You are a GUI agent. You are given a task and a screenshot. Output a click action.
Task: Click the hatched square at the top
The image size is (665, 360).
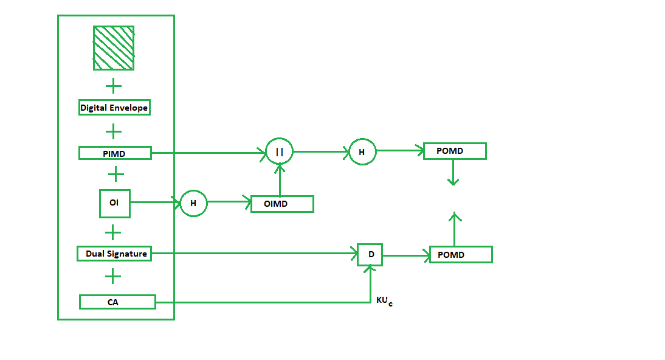(x=114, y=48)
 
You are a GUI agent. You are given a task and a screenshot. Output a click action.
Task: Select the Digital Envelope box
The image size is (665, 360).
(x=114, y=108)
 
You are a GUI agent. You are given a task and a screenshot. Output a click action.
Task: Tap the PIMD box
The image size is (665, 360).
(x=115, y=153)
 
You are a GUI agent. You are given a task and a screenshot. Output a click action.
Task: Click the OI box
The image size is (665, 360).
(x=115, y=203)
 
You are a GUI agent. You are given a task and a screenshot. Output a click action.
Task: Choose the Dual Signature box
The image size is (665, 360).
(x=114, y=254)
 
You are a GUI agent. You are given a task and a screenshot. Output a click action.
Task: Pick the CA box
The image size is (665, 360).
(x=117, y=302)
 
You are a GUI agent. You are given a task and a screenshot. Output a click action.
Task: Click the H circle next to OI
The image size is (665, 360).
(x=193, y=204)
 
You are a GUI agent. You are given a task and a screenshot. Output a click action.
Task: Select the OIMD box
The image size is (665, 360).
(x=282, y=204)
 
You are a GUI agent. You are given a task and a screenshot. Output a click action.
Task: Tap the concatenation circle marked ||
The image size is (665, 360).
(x=280, y=151)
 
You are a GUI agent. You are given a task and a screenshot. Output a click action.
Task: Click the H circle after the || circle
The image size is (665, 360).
(x=362, y=152)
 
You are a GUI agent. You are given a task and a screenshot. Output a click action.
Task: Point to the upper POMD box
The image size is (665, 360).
(x=455, y=151)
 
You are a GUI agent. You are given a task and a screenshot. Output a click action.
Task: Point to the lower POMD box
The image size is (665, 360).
(x=460, y=255)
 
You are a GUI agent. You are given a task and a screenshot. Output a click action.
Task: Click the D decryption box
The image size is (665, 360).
(x=371, y=254)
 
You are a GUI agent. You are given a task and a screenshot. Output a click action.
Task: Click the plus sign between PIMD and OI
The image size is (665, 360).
(x=115, y=175)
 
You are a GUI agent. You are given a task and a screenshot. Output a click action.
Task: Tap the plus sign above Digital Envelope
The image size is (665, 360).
(x=113, y=86)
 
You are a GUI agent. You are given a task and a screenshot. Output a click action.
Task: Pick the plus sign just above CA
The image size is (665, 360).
(x=112, y=277)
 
